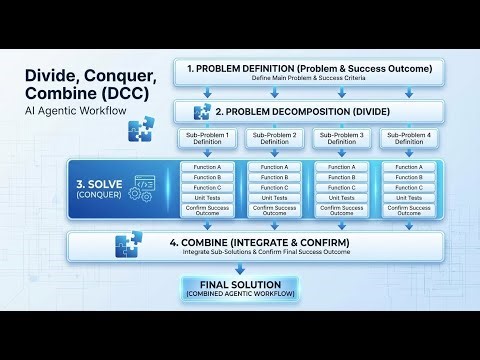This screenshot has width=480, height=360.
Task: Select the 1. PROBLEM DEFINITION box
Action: [x=309, y=73]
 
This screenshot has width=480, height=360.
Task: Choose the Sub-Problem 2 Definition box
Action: [x=274, y=138]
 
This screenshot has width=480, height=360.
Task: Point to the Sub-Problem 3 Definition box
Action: [x=342, y=138]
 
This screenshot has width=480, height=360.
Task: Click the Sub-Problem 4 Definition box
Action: [x=409, y=138]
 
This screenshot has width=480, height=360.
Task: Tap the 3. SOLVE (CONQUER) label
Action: [x=97, y=189]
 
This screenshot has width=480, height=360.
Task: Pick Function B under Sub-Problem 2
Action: [x=274, y=177]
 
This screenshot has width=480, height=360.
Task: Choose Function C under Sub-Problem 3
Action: [x=342, y=187]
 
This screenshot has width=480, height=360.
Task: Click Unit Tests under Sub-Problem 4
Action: [x=409, y=197]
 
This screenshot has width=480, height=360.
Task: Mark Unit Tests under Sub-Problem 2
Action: [x=274, y=197]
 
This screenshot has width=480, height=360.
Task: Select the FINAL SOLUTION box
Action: [x=241, y=289]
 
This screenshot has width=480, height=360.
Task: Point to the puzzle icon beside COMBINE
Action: [x=129, y=245]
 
